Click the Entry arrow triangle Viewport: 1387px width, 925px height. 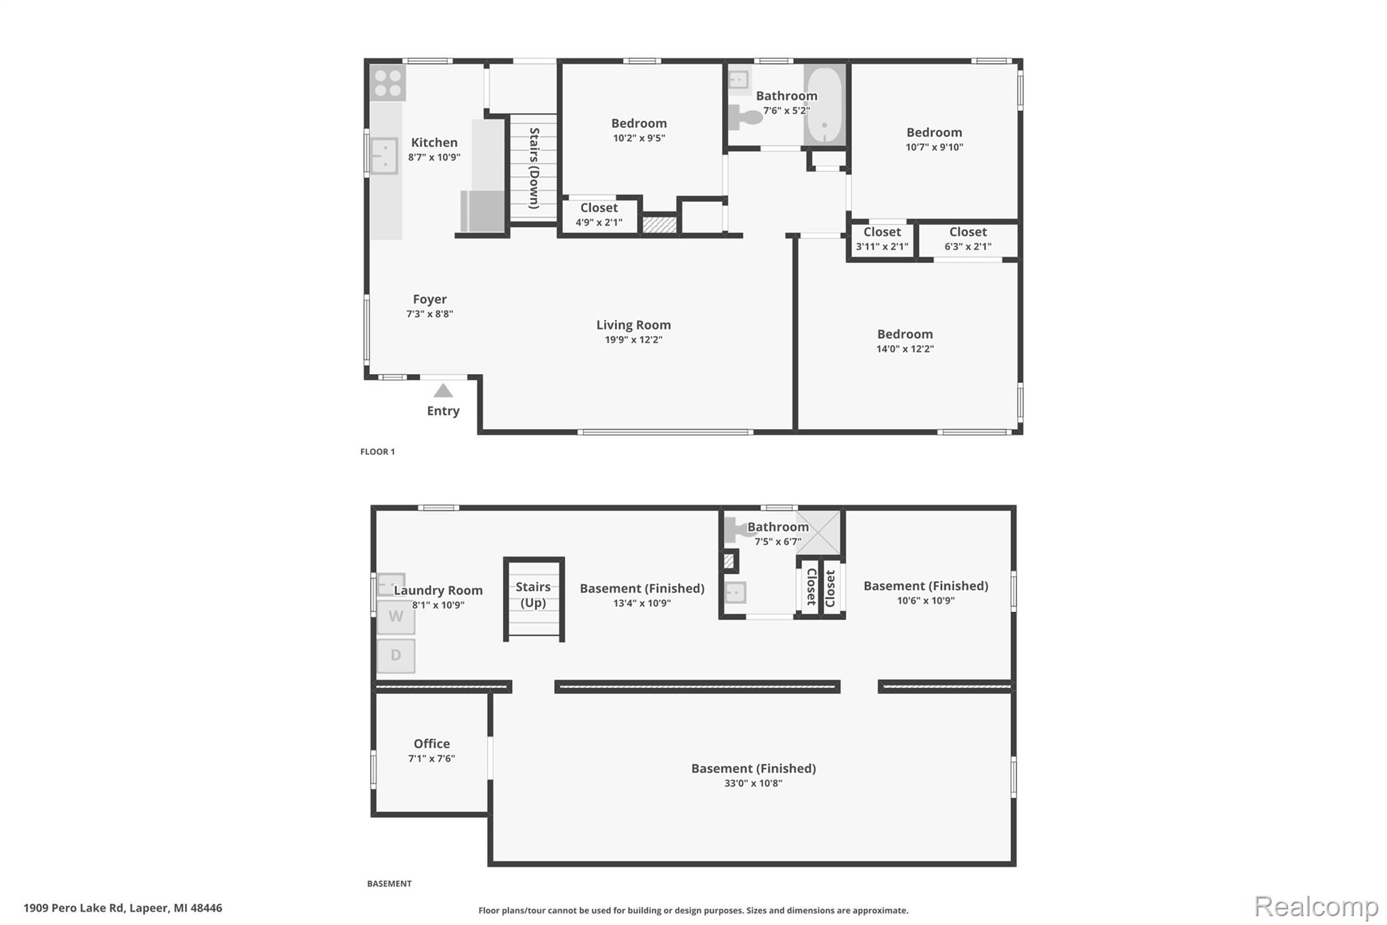(443, 390)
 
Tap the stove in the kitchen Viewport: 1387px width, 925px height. (387, 83)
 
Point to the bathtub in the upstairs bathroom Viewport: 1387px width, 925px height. (824, 104)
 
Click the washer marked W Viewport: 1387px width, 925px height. (396, 617)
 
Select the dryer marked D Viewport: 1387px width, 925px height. (396, 655)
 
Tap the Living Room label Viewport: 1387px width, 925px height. (633, 325)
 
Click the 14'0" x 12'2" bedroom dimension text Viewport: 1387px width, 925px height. (905, 349)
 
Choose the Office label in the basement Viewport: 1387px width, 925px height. (431, 743)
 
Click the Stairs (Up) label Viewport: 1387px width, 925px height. (533, 595)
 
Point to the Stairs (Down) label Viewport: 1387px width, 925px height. (534, 168)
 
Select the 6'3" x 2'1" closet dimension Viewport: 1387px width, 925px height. (968, 247)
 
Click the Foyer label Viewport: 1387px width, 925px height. (429, 299)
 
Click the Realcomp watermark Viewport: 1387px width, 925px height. (1316, 906)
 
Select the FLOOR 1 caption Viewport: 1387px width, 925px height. (377, 451)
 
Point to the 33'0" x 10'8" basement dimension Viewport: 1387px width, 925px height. (753, 783)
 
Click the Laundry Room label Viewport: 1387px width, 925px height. (438, 591)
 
